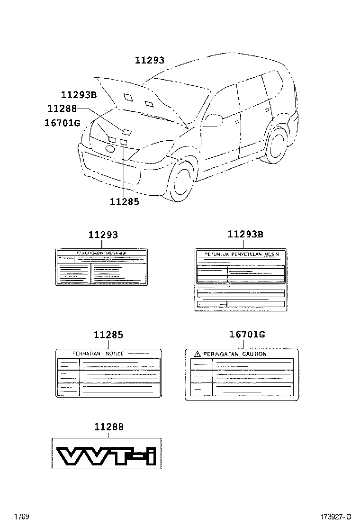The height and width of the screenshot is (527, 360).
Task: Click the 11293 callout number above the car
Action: pyautogui.click(x=149, y=61)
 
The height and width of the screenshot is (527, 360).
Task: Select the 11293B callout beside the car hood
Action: pyautogui.click(x=79, y=95)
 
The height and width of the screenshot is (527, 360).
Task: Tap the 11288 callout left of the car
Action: pyautogui.click(x=62, y=109)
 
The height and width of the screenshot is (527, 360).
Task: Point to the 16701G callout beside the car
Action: pyautogui.click(x=62, y=123)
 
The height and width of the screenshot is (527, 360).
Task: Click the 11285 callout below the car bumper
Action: pyautogui.click(x=124, y=202)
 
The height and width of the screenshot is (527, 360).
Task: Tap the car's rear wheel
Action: pyautogui.click(x=276, y=144)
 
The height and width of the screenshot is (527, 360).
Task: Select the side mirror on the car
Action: pyautogui.click(x=213, y=120)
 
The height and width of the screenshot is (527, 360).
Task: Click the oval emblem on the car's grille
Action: pyautogui.click(x=110, y=149)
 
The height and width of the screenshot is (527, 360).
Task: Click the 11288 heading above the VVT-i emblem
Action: pyautogui.click(x=108, y=427)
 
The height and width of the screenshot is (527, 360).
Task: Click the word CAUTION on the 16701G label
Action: pyautogui.click(x=254, y=354)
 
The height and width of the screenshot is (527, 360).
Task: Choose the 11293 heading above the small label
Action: pyautogui.click(x=103, y=235)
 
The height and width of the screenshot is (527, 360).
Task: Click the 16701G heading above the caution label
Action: pyautogui.click(x=247, y=335)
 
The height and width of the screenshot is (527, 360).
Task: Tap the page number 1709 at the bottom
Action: pyautogui.click(x=22, y=516)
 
